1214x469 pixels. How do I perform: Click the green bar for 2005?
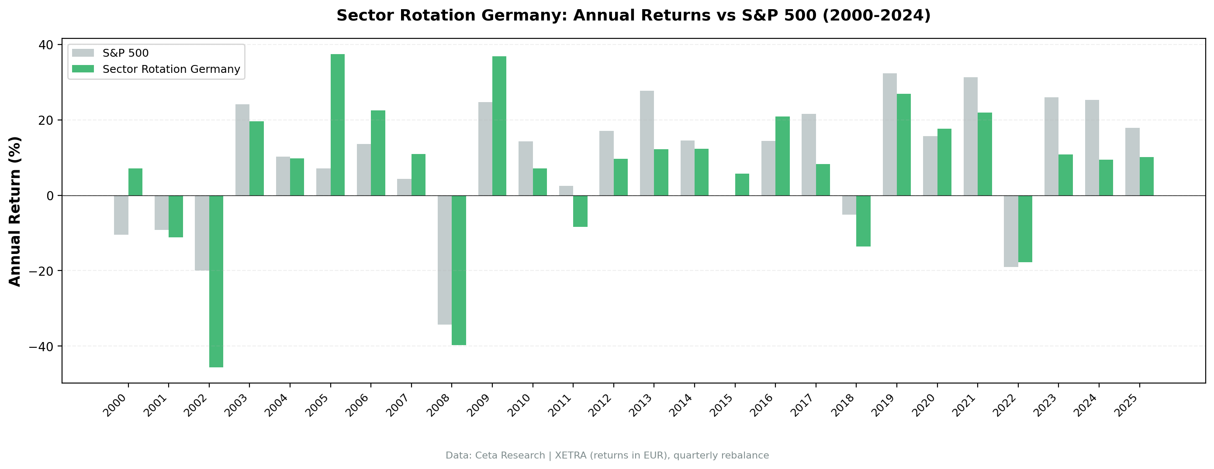337,125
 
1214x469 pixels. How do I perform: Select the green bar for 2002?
216,281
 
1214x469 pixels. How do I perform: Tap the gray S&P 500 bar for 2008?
444,260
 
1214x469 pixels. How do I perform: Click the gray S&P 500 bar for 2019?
889,134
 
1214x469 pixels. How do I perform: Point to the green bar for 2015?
742,185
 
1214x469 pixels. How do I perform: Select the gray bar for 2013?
647,143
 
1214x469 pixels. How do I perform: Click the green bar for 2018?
863,221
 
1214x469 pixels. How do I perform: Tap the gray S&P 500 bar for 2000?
121,215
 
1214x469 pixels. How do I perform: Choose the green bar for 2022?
1025,229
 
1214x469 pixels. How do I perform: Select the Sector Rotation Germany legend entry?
171,69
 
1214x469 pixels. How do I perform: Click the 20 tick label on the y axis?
46,120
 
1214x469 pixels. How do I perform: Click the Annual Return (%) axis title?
15,212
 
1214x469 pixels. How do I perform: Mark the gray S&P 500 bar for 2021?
970,137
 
